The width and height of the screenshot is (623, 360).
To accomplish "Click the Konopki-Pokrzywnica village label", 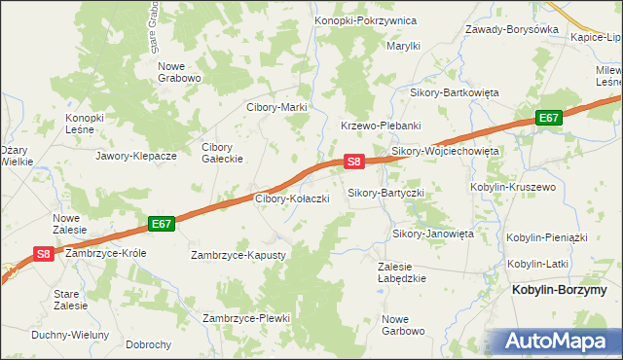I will (x=365, y=20).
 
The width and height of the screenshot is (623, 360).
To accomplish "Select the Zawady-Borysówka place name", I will (x=511, y=29).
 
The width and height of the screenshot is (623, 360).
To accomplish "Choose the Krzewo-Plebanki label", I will (x=380, y=126).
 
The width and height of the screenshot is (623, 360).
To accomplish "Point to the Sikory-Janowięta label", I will (x=432, y=234).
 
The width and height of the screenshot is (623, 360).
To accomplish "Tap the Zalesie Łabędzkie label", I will (x=402, y=271).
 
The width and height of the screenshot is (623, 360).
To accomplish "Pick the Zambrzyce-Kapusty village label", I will (x=238, y=255).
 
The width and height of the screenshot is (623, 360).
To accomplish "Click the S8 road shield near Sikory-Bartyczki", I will (x=354, y=162).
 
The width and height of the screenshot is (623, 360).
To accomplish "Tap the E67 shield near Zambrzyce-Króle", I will (x=162, y=224).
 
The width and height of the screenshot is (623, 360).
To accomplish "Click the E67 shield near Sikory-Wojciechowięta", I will (x=550, y=118).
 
